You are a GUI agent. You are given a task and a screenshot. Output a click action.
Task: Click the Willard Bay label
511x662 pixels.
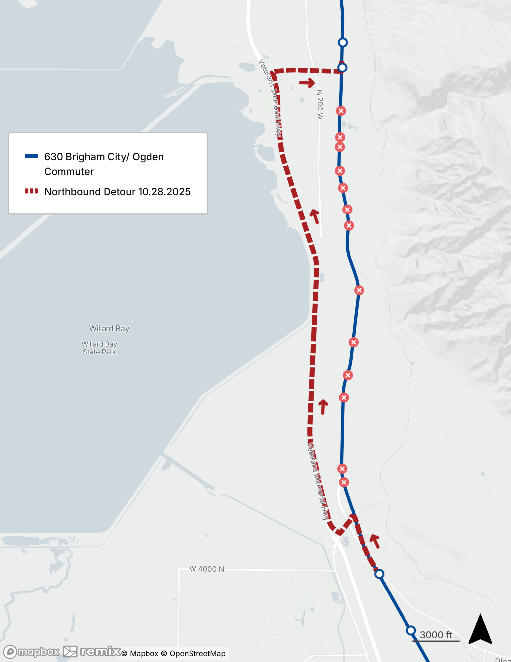click(x=109, y=328)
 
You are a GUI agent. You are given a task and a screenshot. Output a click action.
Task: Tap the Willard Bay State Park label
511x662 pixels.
click(x=99, y=348)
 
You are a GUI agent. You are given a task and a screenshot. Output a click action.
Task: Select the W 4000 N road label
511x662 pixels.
click(x=207, y=569)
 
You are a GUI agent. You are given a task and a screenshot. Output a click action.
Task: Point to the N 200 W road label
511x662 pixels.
click(x=319, y=104)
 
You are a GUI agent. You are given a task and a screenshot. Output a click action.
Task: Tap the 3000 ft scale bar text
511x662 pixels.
click(x=436, y=635)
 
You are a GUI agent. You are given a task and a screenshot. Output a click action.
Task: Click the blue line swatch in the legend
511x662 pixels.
click(x=31, y=156)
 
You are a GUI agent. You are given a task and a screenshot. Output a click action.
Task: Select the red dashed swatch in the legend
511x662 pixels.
click(x=31, y=191)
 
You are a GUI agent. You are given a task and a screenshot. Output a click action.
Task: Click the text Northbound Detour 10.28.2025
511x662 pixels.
click(x=117, y=192)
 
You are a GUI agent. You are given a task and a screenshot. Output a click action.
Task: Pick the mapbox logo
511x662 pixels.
click(x=31, y=652)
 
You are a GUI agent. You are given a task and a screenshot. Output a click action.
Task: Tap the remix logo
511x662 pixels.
click(x=92, y=651)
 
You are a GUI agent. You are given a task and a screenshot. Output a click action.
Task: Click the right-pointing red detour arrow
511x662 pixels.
click(x=307, y=82)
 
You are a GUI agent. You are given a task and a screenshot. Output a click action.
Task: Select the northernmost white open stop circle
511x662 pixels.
click(x=343, y=42)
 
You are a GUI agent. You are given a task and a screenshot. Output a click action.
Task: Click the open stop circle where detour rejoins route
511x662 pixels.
click(x=342, y=68)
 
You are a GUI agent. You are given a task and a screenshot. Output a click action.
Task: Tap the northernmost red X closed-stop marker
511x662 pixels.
click(x=341, y=111)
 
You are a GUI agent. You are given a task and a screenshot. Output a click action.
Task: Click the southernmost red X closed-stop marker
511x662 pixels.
click(x=344, y=482)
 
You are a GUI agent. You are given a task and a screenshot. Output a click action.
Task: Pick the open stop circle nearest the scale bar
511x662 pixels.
click(x=411, y=630)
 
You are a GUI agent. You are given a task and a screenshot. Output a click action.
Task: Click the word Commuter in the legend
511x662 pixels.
click(x=69, y=171)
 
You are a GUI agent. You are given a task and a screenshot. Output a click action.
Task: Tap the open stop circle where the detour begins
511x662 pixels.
click(x=379, y=574)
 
